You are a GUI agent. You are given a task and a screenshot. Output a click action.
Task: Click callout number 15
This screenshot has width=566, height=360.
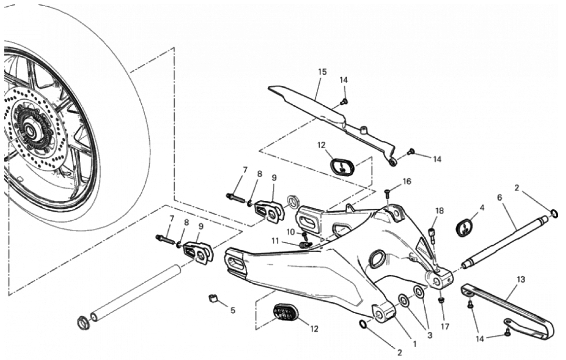322,72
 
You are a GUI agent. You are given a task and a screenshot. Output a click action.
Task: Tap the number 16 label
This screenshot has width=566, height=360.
407,182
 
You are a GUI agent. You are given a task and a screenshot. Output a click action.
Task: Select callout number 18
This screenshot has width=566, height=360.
440,211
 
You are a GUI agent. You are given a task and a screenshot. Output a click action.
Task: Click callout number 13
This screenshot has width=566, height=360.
521,279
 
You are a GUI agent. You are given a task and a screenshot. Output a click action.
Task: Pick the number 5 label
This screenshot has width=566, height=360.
232,310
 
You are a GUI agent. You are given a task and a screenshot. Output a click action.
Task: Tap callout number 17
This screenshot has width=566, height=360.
445,326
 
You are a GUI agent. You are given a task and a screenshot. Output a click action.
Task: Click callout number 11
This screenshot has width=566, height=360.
275,241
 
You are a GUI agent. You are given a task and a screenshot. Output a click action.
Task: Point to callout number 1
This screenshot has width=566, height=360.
415,344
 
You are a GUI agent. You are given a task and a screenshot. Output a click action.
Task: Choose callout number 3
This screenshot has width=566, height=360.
430,335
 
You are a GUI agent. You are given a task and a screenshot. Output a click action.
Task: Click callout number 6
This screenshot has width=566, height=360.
500,197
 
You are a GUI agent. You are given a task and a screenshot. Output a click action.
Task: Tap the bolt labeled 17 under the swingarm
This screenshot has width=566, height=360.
441,300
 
